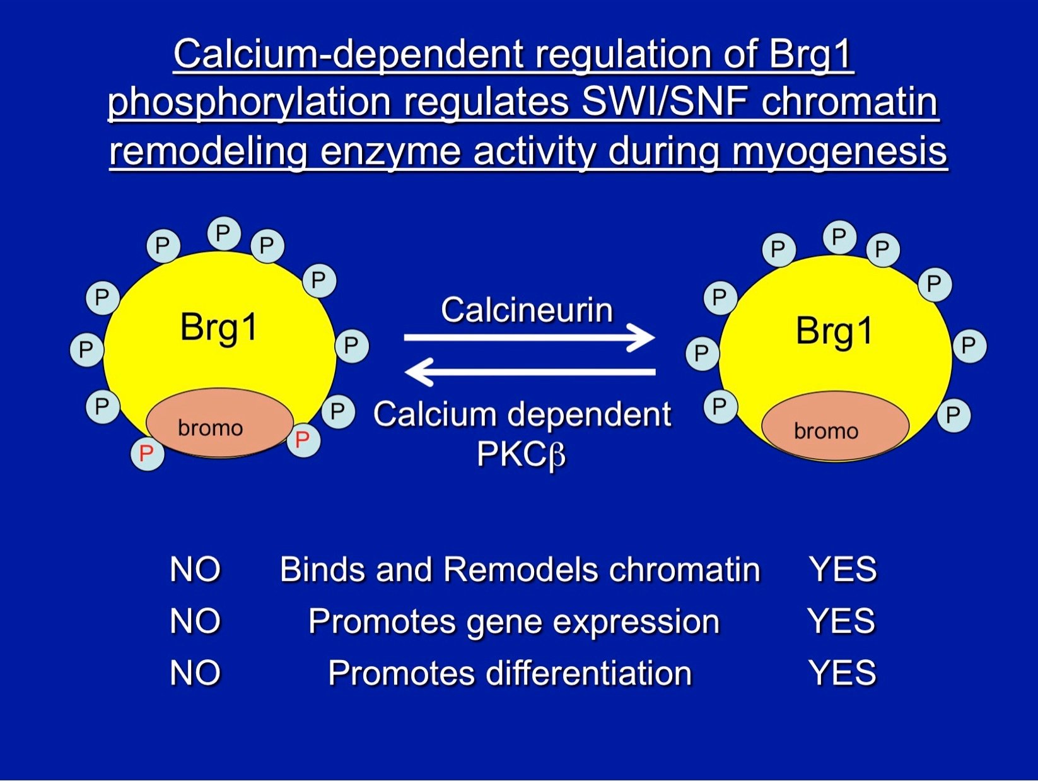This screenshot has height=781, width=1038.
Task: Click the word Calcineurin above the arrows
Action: click(527, 310)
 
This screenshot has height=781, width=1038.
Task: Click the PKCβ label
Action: click(521, 454)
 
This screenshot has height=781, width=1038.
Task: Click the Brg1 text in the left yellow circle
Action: click(219, 327)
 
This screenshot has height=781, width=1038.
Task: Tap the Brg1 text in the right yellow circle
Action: click(834, 331)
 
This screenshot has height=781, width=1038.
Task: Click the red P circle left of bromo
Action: click(147, 453)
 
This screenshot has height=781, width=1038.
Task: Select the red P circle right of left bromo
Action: click(303, 439)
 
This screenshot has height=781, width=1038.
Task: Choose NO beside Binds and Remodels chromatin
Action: click(195, 569)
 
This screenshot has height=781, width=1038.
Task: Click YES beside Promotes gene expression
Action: click(841, 621)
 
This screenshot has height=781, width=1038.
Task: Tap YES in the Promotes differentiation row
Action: click(842, 672)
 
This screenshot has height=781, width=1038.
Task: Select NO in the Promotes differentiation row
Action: click(195, 672)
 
